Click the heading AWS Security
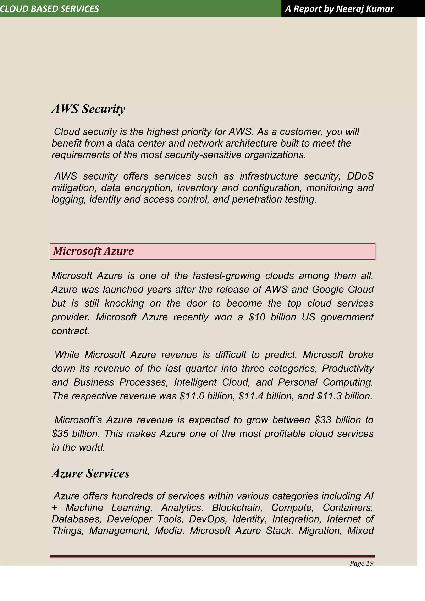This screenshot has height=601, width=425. pos(88,109)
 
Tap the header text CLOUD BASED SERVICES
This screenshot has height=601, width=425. pos(49,9)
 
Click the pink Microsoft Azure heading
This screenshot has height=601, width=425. pos(93,251)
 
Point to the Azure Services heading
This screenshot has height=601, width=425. pos(90,473)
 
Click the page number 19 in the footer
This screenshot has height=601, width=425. pos(370,563)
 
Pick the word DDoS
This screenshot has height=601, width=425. pos(360,176)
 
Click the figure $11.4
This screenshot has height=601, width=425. pos(251,396)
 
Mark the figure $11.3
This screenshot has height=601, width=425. pos(329,396)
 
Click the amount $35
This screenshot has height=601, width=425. pos(60,434)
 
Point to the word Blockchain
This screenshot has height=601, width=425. pos(237,508)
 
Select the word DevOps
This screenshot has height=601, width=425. pos(208,519)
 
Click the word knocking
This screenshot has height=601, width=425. pos(124,303)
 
